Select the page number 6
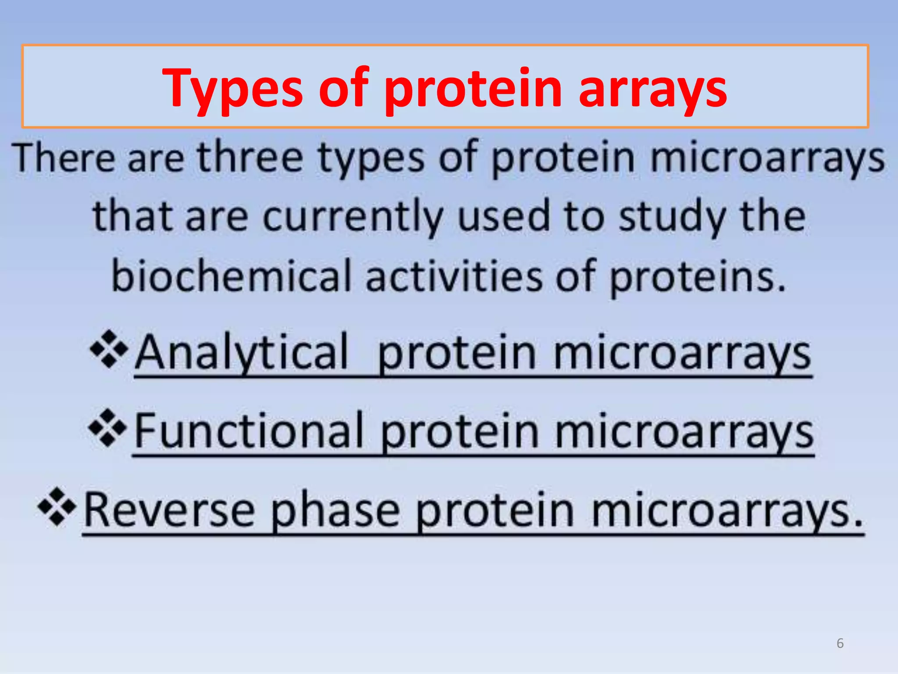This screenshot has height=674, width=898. [x=840, y=643]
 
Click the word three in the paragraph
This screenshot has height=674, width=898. [x=250, y=158]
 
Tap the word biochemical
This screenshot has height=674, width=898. [x=232, y=276]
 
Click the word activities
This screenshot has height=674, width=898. [x=454, y=276]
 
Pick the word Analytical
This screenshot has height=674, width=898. [x=241, y=353]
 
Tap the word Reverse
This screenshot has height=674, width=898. [x=169, y=511]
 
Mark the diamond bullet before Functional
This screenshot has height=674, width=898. [x=107, y=428]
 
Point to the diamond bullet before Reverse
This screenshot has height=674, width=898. [x=57, y=507]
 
